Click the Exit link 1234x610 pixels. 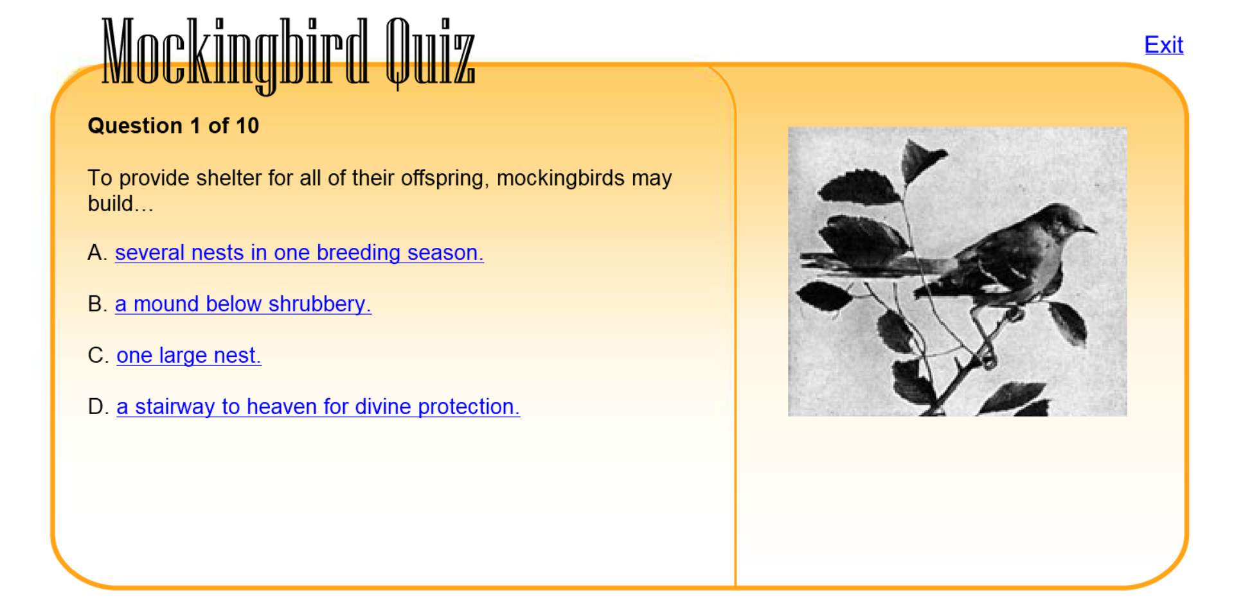(x=1163, y=45)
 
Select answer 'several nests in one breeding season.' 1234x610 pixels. (x=299, y=253)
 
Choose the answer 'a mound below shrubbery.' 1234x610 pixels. (x=243, y=304)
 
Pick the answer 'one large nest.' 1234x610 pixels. (x=188, y=356)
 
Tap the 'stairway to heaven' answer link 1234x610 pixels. (x=317, y=407)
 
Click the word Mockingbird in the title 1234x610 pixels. (x=235, y=53)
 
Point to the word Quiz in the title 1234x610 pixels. (x=429, y=53)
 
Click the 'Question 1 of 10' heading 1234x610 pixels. (x=173, y=126)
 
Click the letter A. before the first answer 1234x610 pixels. (x=97, y=253)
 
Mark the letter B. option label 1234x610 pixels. (x=97, y=304)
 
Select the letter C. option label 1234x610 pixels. (x=98, y=356)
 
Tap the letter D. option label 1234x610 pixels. (x=98, y=407)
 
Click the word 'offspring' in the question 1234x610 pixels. (x=445, y=179)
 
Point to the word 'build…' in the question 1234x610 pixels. (x=120, y=204)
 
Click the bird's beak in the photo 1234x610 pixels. (x=1090, y=229)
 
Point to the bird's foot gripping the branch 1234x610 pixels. (x=1014, y=314)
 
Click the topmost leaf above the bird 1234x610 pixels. (x=922, y=157)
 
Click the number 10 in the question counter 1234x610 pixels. (x=247, y=126)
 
